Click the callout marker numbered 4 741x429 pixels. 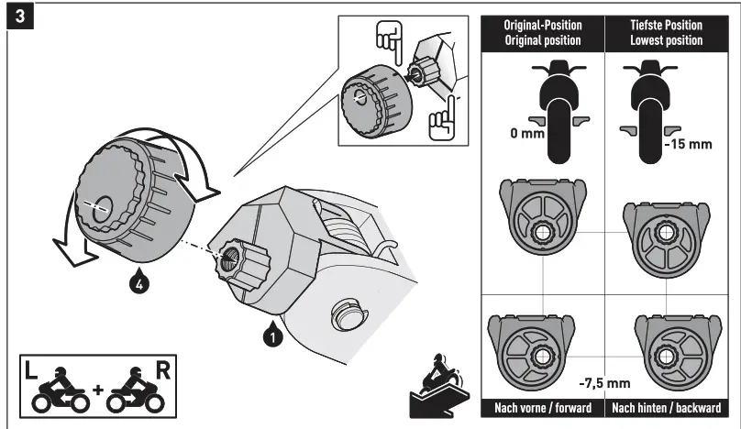pos(136,284)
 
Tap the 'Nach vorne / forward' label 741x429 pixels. pos(543,407)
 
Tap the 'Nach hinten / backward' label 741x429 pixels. pos(665,407)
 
